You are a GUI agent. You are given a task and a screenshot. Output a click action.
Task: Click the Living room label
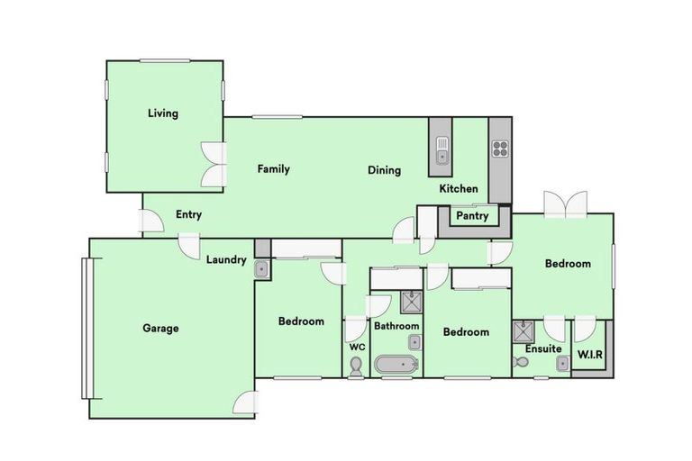(x=163, y=113)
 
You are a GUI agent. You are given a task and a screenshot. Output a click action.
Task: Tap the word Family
(x=273, y=168)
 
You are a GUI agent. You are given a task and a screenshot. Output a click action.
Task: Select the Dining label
(x=384, y=170)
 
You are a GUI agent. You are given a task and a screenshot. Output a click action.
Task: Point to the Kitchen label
(x=458, y=189)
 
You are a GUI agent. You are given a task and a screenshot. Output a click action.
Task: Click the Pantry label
(x=472, y=216)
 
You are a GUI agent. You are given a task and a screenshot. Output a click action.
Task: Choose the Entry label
(x=188, y=214)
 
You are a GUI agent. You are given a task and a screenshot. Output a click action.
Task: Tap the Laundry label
(x=225, y=260)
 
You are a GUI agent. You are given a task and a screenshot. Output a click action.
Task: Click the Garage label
(x=160, y=328)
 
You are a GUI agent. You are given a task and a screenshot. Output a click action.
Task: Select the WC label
(x=356, y=347)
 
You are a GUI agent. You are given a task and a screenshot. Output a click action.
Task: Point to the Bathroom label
(x=396, y=326)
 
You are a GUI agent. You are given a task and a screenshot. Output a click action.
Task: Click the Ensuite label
(x=543, y=348)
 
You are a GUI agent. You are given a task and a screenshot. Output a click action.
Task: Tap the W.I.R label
(x=590, y=352)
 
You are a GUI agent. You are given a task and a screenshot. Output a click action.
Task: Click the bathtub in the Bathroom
(x=396, y=366)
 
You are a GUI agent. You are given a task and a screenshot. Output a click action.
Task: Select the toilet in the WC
(x=356, y=366)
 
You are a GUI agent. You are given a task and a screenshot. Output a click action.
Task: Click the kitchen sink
(x=442, y=149)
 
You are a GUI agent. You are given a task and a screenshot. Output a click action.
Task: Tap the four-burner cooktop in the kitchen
(x=499, y=149)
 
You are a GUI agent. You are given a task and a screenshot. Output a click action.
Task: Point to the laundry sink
(x=261, y=267)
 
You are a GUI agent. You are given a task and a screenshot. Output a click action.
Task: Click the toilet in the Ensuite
(x=520, y=362)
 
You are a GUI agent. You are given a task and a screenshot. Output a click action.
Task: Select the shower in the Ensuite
(x=523, y=330)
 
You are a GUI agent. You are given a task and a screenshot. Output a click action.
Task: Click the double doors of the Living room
(x=213, y=165)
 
